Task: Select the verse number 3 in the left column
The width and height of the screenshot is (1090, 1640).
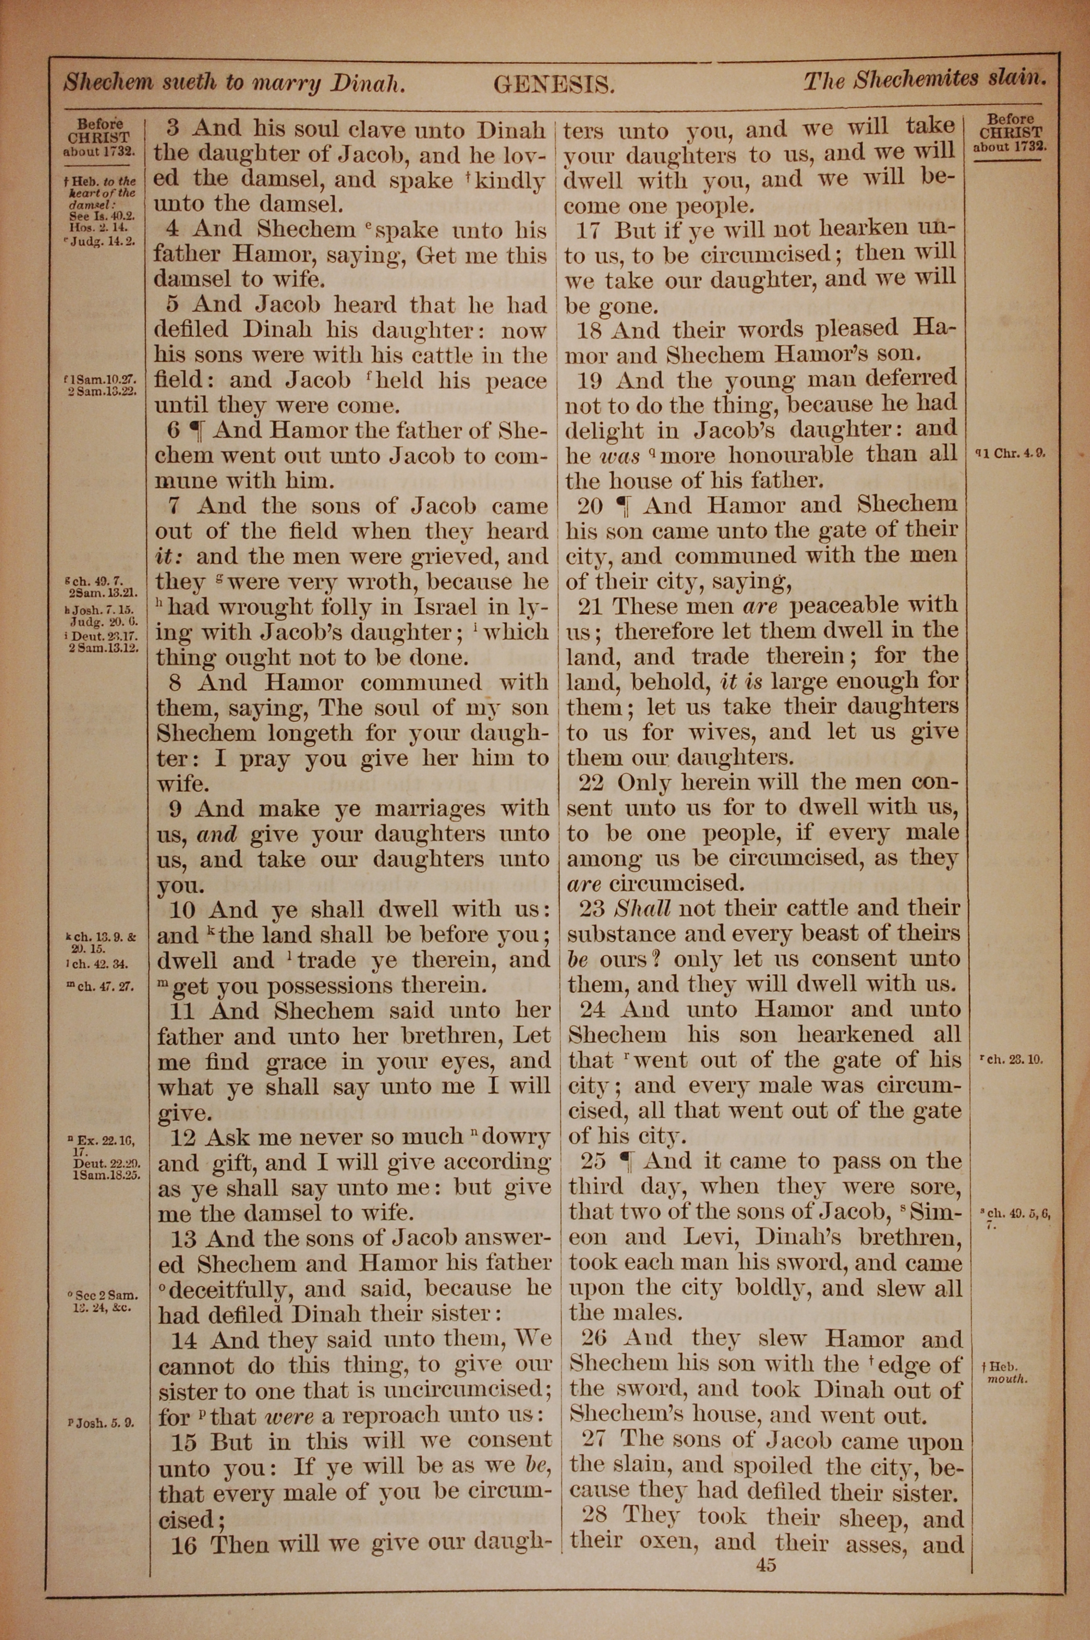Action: point(174,129)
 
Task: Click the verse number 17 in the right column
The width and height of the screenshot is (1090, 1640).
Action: point(588,230)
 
